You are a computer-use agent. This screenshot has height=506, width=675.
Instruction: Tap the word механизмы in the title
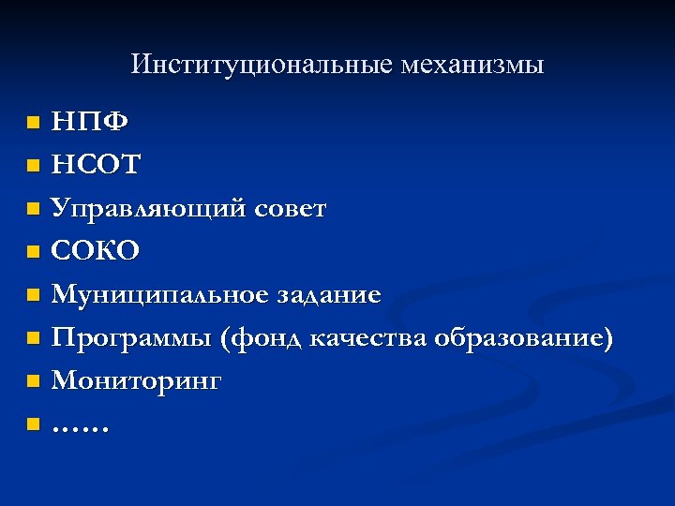(x=472, y=65)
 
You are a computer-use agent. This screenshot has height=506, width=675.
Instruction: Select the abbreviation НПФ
(x=91, y=122)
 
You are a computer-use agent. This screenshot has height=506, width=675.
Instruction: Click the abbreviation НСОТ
(x=97, y=165)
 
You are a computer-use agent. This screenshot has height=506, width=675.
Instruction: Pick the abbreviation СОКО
(x=96, y=251)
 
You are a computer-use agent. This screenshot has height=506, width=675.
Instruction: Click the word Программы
(x=131, y=338)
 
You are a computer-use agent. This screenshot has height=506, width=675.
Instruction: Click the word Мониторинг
(x=137, y=381)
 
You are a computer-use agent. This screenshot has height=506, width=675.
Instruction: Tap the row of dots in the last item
(x=81, y=427)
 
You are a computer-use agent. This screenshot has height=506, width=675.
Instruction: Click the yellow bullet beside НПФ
(x=33, y=123)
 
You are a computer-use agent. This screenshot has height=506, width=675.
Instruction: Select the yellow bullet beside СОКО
(x=33, y=252)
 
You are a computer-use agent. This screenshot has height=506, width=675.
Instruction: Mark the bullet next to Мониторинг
(x=33, y=381)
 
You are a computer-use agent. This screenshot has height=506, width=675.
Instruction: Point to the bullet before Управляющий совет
(x=33, y=209)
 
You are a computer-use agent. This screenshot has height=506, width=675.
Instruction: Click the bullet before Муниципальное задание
(x=33, y=295)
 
